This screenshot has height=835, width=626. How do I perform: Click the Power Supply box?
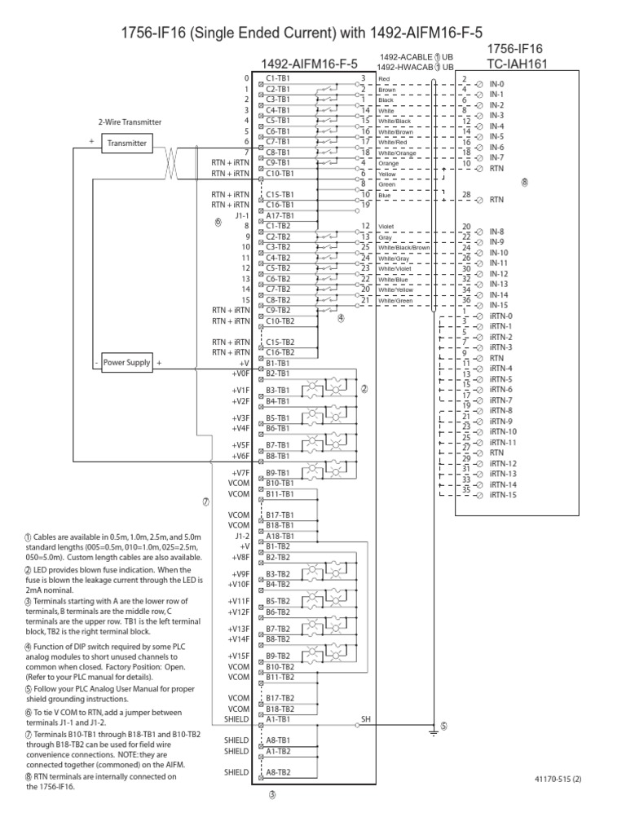(126, 363)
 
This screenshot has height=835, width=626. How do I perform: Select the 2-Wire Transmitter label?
(130, 122)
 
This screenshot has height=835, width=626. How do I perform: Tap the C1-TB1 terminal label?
(279, 77)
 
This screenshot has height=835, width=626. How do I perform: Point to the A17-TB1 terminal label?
(280, 215)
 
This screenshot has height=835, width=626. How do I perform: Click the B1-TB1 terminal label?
(279, 363)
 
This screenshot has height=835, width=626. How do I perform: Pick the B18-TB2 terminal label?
(279, 709)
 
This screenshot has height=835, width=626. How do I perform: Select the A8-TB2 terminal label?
(279, 771)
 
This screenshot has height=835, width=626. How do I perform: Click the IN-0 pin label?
(497, 84)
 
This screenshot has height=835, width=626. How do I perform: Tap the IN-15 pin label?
(500, 305)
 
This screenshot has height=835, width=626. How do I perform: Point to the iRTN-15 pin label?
(503, 495)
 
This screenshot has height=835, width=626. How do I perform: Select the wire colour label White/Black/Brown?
(404, 248)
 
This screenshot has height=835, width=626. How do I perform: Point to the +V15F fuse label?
(240, 656)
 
